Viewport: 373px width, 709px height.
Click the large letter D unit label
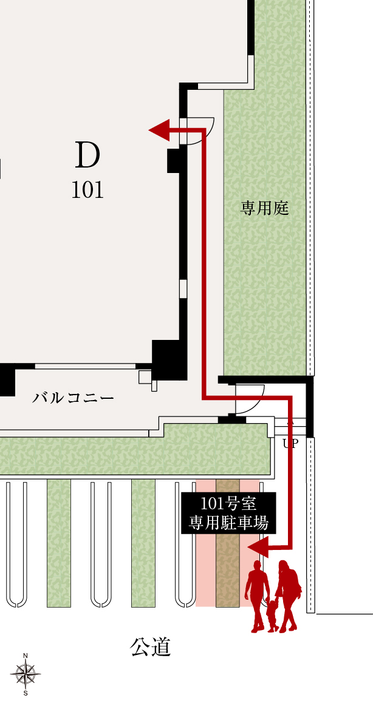[87, 155]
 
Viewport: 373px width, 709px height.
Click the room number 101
[87, 190]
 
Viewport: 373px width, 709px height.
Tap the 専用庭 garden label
[264, 208]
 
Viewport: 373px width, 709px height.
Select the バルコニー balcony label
[73, 398]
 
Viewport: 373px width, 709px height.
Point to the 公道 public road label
[151, 647]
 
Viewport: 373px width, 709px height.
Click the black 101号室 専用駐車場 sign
[228, 513]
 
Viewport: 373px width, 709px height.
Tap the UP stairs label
[291, 444]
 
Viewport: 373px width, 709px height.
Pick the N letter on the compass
[26, 656]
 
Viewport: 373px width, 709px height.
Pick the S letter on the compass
[26, 693]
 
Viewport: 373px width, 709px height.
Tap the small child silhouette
[272, 614]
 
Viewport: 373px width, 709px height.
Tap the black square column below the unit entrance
[174, 160]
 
